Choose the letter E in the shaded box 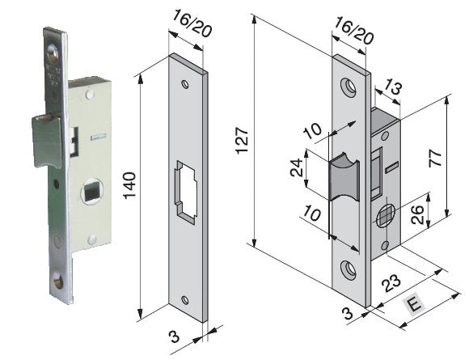[x=414, y=307]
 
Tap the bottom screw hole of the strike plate [x=187, y=301]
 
